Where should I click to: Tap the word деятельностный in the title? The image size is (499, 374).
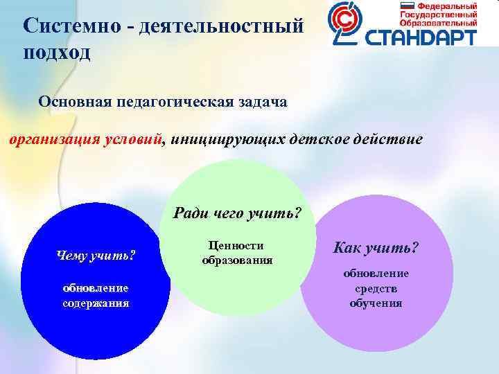tap(221, 27)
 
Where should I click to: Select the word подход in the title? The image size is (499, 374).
tap(57, 53)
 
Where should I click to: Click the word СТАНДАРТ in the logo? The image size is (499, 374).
tap(425, 35)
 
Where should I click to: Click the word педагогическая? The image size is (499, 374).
tap(174, 102)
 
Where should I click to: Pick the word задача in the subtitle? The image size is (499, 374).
tap(262, 102)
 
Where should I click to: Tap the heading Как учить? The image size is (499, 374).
tap(376, 248)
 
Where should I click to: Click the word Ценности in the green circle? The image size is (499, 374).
tap(236, 246)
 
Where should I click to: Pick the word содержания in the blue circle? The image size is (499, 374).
tap(96, 303)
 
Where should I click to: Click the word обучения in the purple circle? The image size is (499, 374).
tap(376, 303)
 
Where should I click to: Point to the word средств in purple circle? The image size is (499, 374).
tap(376, 288)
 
